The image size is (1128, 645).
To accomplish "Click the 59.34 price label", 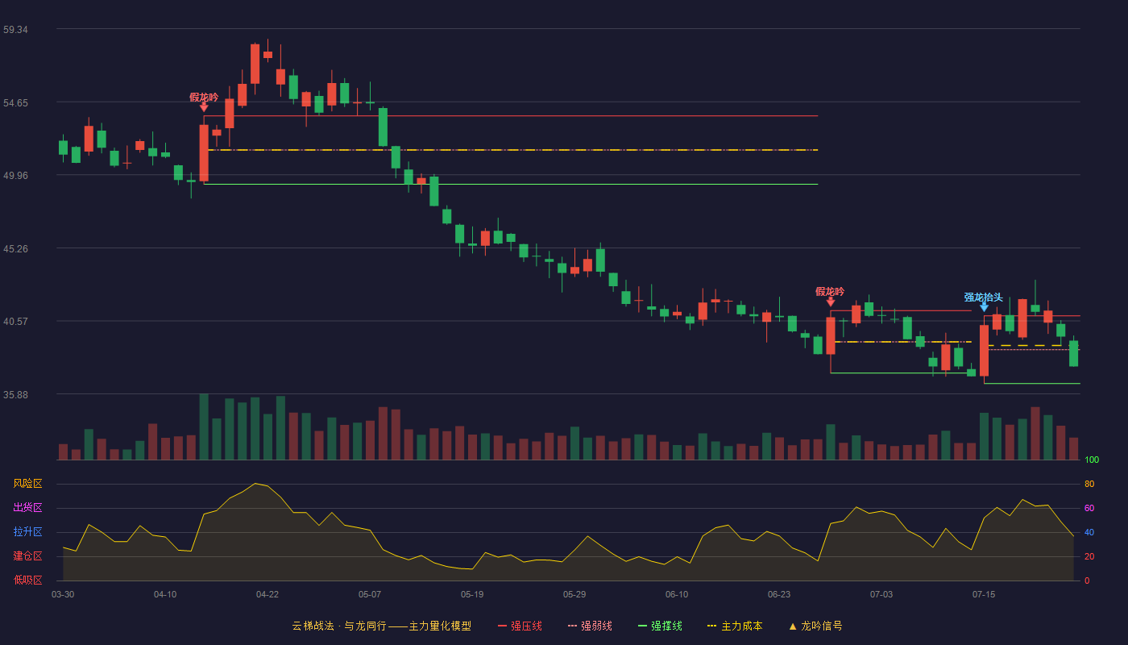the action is point(15,30).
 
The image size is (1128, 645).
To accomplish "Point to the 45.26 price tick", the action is point(15,249).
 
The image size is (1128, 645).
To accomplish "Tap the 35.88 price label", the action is point(15,394).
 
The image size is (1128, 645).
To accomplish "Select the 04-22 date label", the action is point(267,595).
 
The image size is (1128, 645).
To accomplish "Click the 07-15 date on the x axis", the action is point(984,595).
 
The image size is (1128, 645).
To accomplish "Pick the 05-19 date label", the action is point(472,595).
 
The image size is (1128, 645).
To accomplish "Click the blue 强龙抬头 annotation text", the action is point(983,298).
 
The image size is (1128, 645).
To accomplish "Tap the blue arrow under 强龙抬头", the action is point(984,307).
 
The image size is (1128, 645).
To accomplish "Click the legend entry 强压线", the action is point(520,626).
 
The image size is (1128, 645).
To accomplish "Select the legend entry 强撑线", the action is point(660,626).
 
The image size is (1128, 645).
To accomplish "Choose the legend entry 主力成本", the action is point(735,626).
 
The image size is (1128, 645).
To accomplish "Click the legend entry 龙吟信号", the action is point(815,626).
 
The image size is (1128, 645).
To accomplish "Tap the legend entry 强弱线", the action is point(590,626).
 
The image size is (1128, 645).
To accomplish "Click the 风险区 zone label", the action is point(27,483).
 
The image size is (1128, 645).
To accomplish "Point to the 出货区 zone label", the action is point(27,507).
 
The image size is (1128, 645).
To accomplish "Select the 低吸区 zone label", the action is point(27,580).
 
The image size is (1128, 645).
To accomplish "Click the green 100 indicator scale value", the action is point(1092,460).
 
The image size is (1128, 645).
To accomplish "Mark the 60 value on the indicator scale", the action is point(1089,508).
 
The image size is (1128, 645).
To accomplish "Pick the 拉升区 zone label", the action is point(27,531).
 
